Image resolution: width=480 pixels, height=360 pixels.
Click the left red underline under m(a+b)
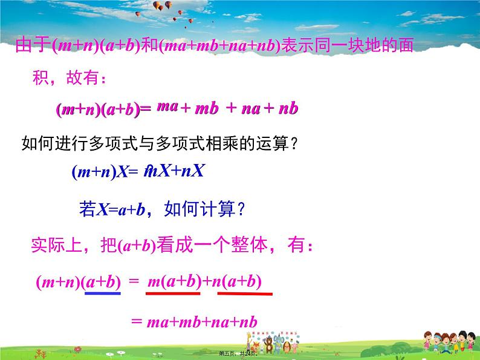click(x=174, y=295)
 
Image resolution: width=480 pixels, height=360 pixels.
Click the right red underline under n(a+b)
click(x=244, y=295)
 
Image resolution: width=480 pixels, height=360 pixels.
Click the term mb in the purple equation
click(x=206, y=109)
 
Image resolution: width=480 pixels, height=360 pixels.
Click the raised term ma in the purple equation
click(x=167, y=106)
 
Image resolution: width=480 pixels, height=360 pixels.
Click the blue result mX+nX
click(x=175, y=171)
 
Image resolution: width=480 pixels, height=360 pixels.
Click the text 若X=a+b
click(x=112, y=209)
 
